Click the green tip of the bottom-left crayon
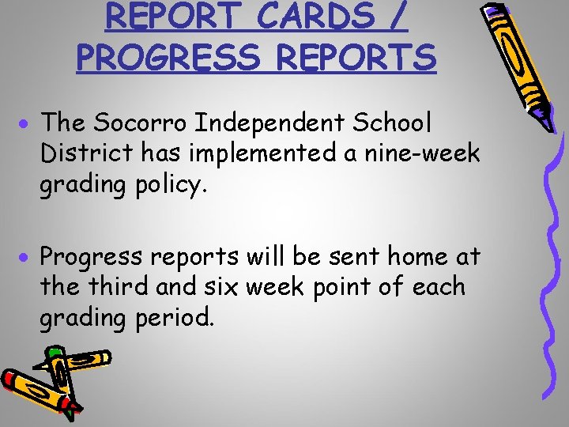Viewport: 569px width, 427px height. [x=53, y=351]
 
